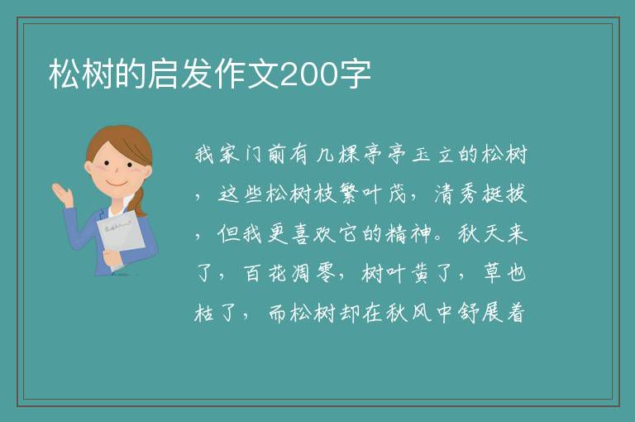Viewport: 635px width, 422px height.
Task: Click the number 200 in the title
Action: click(308, 74)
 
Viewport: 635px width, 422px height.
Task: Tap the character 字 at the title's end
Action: click(355, 74)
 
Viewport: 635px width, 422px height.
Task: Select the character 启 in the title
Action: click(162, 74)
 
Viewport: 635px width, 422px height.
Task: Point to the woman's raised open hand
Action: click(62, 194)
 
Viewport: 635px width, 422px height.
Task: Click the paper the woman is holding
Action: click(121, 238)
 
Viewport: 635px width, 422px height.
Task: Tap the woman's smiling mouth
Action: click(117, 184)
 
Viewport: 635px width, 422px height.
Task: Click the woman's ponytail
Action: click(140, 203)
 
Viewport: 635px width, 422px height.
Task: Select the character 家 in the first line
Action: click(230, 155)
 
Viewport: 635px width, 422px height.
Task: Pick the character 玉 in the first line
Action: click(421, 155)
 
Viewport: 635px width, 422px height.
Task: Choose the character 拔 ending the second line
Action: click(516, 194)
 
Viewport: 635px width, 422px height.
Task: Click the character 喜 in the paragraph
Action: click(301, 234)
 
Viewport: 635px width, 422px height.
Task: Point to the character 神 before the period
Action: click(421, 234)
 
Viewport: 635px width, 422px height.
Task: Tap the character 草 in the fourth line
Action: click(493, 273)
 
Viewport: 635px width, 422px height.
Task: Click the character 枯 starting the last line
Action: click(204, 313)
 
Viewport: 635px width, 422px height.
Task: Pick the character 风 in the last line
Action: click(421, 313)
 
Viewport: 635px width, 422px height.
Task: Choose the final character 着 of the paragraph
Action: click(516, 313)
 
